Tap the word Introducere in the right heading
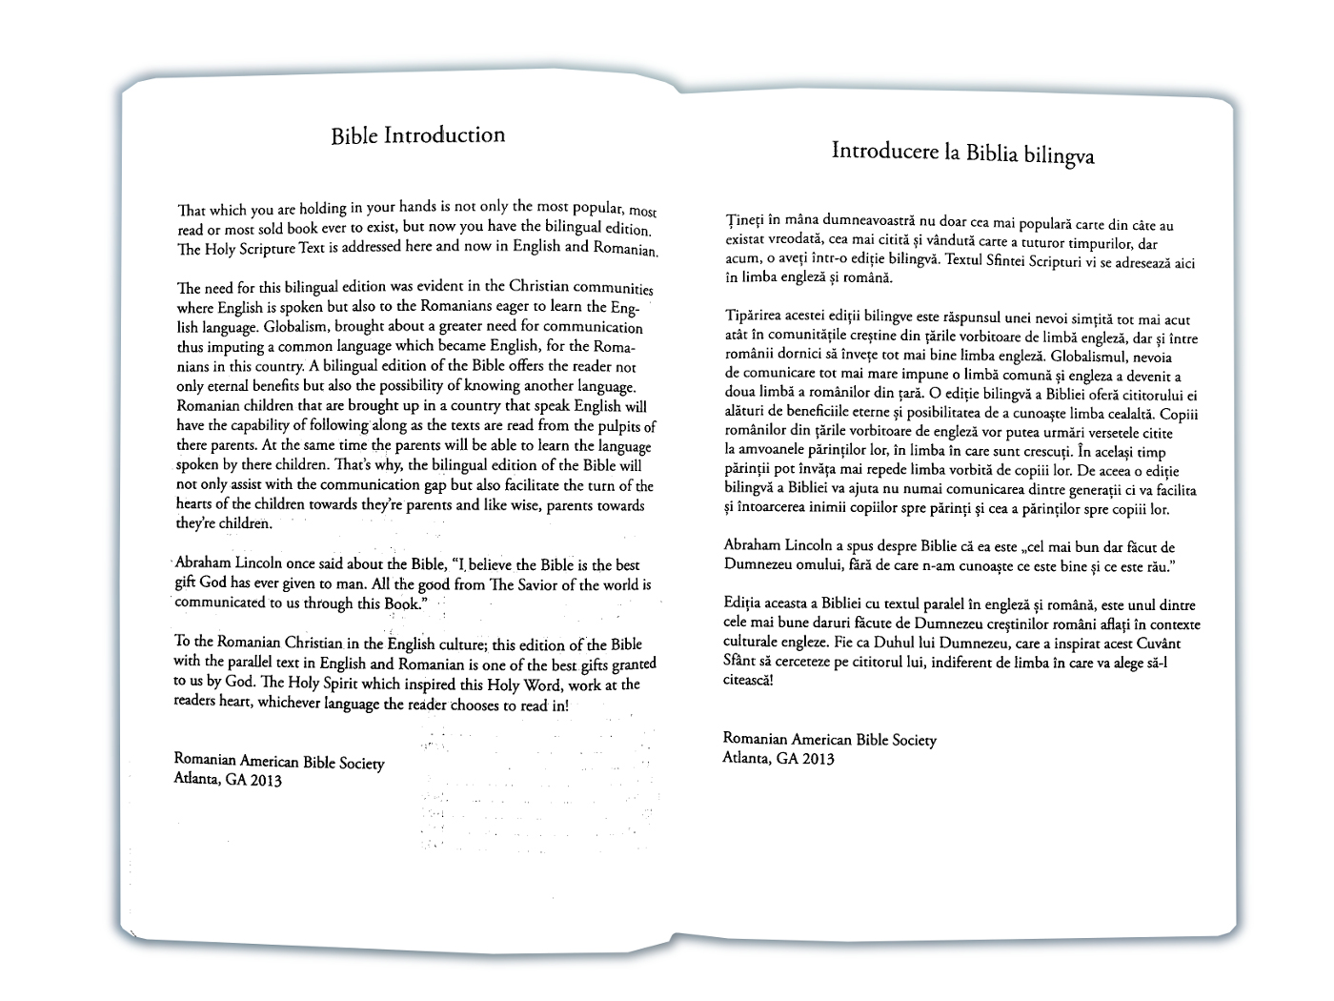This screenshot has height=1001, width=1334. point(876,151)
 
